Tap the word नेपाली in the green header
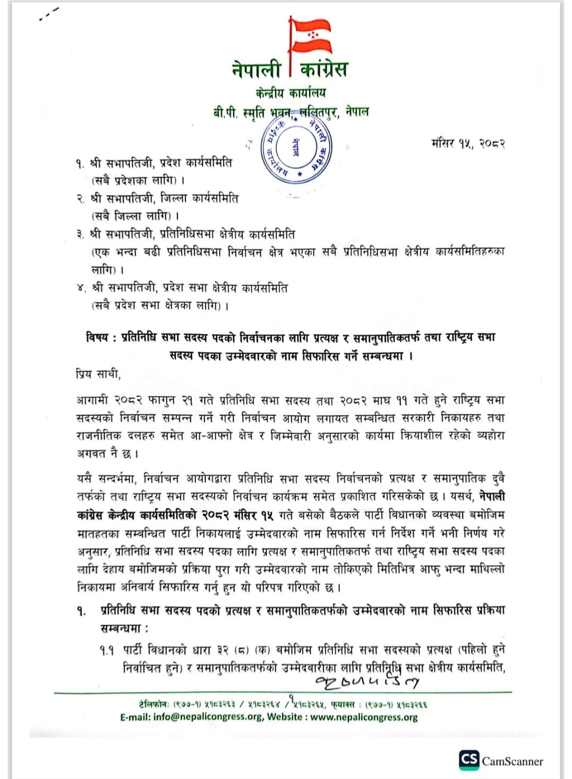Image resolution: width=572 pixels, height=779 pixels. pos(256,69)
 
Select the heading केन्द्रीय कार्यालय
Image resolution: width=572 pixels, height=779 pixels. pos(290,93)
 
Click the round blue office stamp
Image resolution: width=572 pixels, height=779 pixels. pos(295,147)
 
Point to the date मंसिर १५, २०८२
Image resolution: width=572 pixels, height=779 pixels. pos(468,143)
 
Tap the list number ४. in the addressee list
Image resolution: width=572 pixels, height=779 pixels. pos(81,288)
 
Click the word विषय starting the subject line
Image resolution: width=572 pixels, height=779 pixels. pos(97,337)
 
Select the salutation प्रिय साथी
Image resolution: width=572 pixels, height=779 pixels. pos(98,374)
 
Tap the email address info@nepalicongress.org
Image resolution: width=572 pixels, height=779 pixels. pos(208,717)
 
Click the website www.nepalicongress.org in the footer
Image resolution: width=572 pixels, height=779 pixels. pos(364,717)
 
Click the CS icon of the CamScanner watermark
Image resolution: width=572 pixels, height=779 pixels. pos(469,760)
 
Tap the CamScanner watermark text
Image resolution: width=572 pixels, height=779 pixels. pos(512,762)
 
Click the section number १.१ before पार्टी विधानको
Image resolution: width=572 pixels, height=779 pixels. pos(106,650)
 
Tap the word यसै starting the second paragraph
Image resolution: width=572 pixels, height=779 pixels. pos(87,479)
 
